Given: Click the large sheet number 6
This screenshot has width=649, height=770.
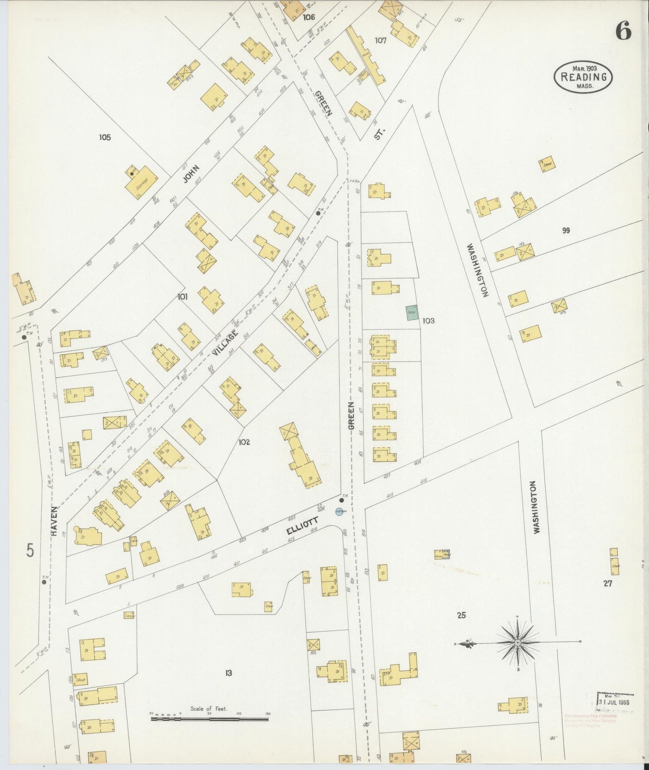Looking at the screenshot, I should pos(623,31).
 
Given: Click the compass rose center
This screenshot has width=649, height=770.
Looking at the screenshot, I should pos(518,643).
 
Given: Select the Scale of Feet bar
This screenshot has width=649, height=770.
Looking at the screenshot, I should pos(209,718).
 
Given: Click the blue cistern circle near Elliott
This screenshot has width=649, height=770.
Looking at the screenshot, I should pos(340,511).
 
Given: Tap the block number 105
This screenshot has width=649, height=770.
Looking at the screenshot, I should pos(105,137).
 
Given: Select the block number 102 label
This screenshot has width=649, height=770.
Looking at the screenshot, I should pos(244,442).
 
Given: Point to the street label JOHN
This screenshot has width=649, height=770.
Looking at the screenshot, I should pos(190,174).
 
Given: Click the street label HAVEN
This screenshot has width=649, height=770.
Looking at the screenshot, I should pos(54,521).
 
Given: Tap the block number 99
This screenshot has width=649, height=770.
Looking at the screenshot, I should pos(566,230).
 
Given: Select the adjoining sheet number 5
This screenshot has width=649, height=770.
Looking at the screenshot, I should pos(30,550).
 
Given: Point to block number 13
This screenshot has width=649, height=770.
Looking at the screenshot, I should pos(229,673).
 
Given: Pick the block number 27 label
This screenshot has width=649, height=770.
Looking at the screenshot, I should pos(608,584).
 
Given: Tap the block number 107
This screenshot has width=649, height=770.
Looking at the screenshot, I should pos(380,40).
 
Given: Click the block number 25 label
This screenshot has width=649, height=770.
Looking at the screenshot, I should pos(461,615).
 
